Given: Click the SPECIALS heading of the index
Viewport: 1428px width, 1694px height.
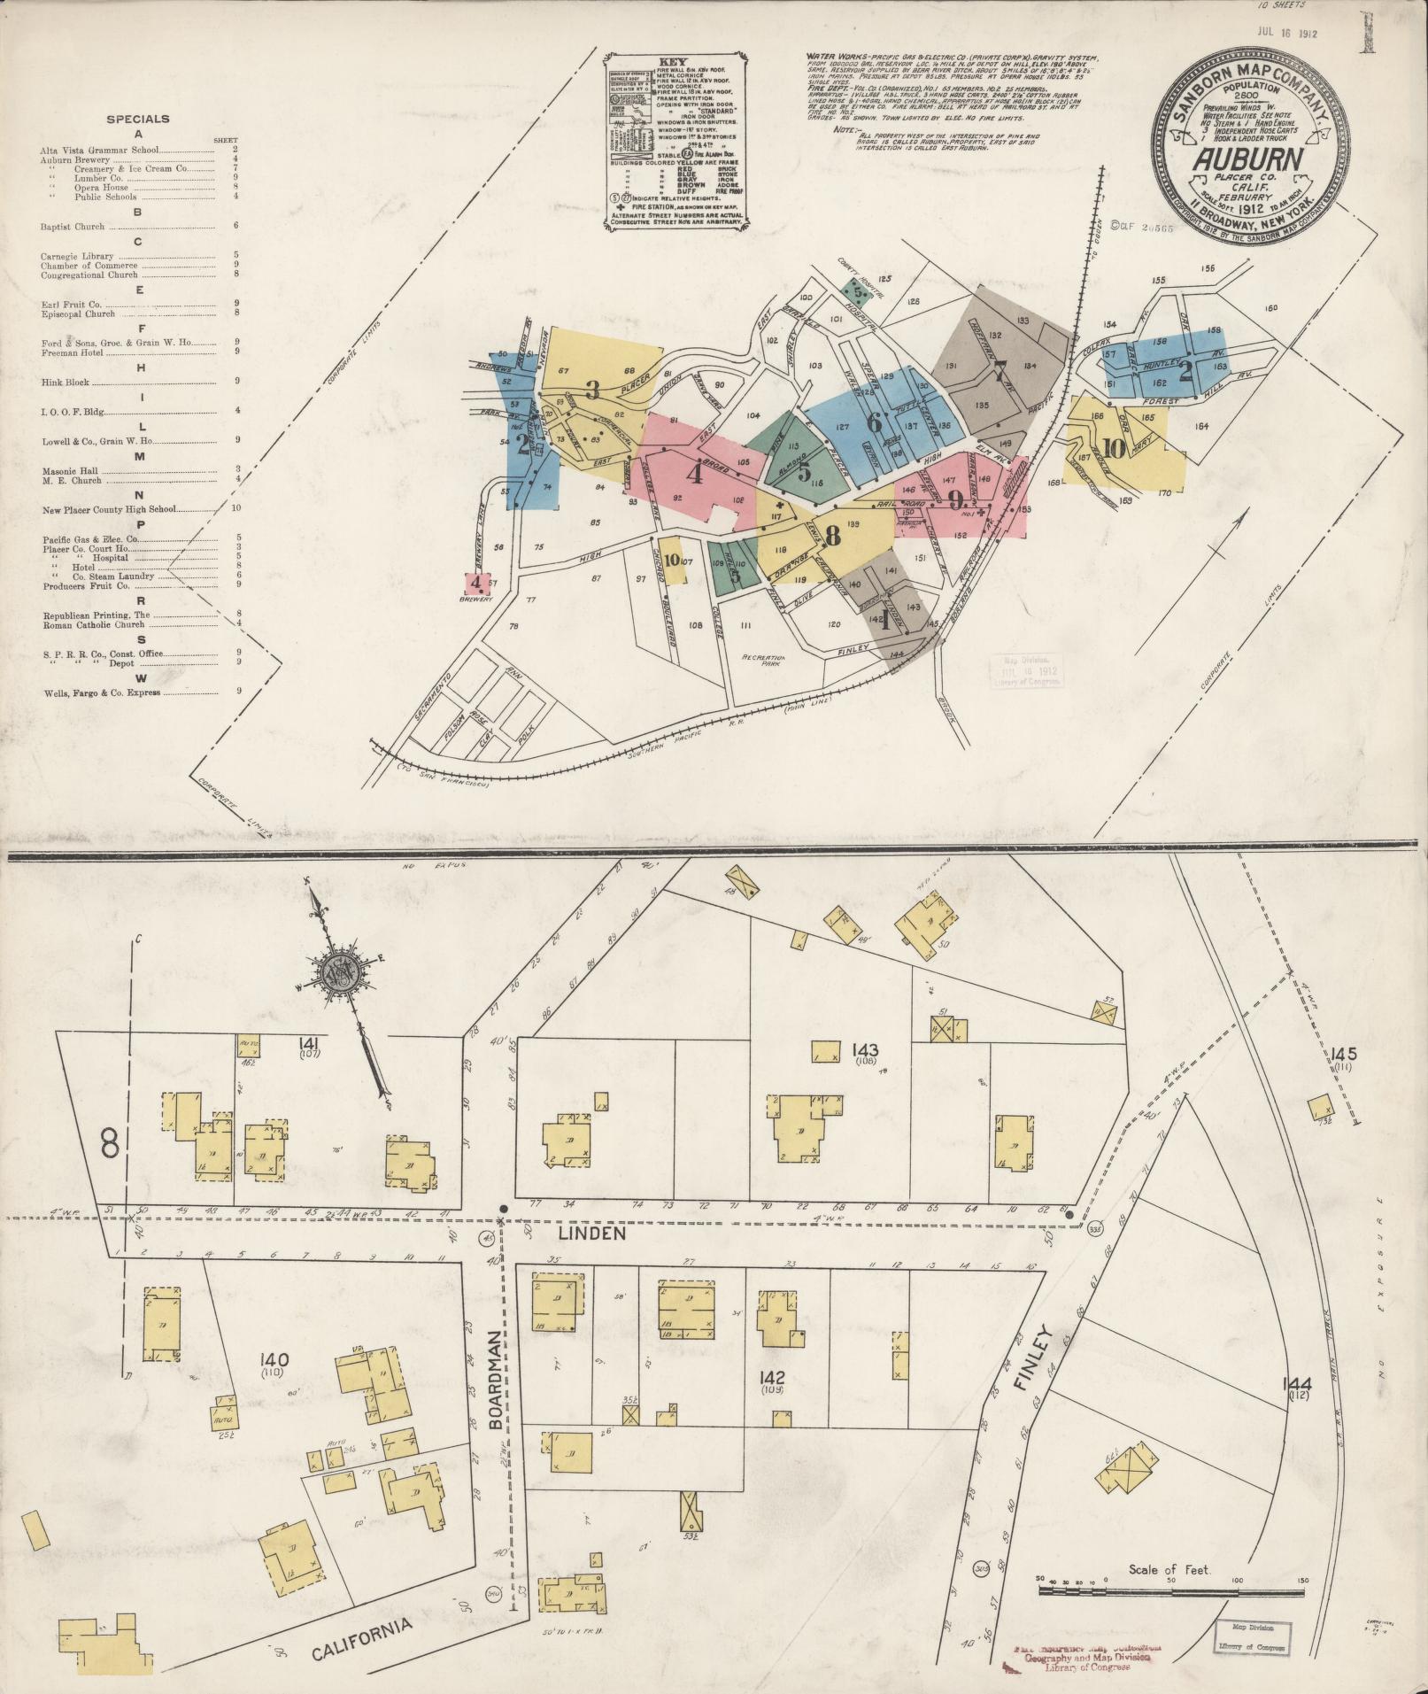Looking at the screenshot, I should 137,119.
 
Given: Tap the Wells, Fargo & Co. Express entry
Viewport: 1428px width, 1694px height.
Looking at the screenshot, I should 102,692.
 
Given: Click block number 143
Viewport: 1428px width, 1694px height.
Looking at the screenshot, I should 865,1050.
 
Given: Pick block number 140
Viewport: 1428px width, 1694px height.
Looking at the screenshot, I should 275,1383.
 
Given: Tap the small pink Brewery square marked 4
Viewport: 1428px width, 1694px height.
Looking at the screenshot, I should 477,583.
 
